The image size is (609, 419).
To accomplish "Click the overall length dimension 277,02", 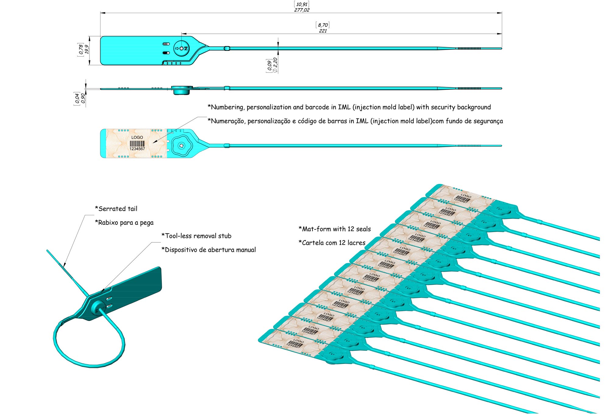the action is [302, 10].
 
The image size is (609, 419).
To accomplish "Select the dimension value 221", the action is [323, 31].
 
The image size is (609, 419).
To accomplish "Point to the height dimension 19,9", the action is [87, 49].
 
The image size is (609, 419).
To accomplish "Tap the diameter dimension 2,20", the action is [275, 65].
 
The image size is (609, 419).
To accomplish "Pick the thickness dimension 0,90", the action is [83, 98].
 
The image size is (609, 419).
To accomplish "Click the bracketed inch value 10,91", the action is [302, 4].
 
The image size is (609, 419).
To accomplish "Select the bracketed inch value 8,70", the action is [323, 25].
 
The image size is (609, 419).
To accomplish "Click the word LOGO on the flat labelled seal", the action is [137, 137].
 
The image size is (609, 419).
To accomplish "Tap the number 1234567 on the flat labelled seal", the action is [137, 149].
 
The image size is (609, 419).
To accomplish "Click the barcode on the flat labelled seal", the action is [137, 143].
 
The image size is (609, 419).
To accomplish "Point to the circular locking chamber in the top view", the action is [181, 48].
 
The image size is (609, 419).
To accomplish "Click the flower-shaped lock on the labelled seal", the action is [182, 146].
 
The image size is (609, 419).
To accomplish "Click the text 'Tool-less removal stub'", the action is [196, 236].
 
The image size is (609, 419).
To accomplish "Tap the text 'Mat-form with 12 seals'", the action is [335, 229].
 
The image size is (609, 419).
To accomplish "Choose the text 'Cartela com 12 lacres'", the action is [332, 243].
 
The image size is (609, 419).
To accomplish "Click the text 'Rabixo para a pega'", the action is [124, 223].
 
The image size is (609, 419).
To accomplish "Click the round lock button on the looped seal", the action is [98, 308].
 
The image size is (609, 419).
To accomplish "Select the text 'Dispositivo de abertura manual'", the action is [209, 250].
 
